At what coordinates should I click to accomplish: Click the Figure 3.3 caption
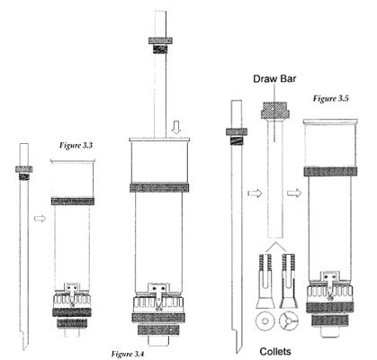(x=76, y=146)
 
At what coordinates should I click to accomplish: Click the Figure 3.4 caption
(x=128, y=354)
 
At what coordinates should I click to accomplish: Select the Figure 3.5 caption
(x=331, y=98)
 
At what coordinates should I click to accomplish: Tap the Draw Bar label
(x=274, y=79)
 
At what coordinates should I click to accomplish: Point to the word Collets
(x=275, y=351)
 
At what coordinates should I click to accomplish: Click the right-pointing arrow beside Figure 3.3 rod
(x=40, y=219)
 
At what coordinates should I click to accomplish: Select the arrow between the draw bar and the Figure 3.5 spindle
(x=294, y=193)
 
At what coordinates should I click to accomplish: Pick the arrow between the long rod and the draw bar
(x=255, y=193)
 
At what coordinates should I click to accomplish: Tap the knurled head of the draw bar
(x=275, y=110)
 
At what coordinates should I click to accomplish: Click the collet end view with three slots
(x=289, y=321)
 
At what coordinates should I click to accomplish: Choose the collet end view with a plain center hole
(x=265, y=321)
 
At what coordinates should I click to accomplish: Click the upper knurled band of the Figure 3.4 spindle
(x=159, y=187)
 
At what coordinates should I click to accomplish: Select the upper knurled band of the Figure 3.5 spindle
(x=330, y=171)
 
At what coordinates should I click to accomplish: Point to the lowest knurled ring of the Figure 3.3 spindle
(x=72, y=323)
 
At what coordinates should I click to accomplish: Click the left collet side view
(x=265, y=281)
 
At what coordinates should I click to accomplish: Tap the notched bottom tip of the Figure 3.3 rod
(x=24, y=340)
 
